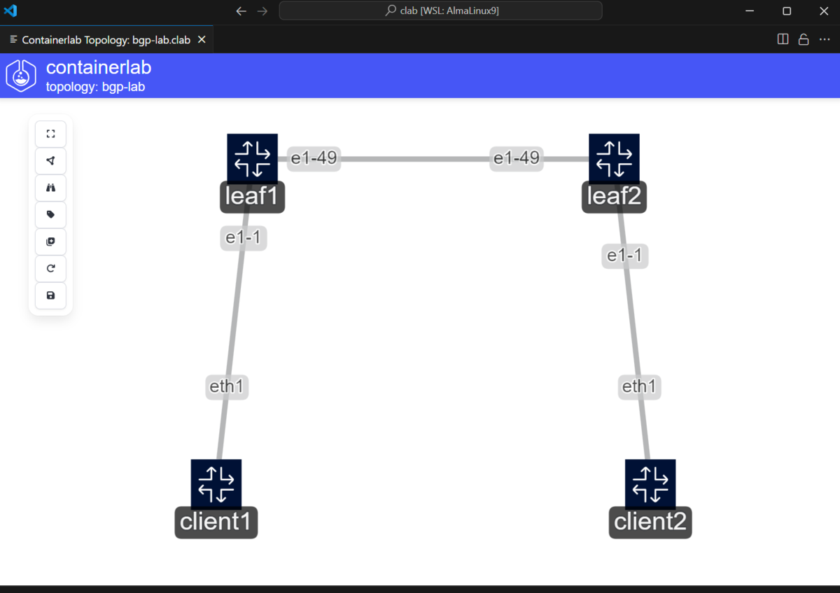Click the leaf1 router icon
pos(253,159)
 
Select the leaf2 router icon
pos(614,159)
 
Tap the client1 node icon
pos(216,484)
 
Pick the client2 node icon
pos(650,484)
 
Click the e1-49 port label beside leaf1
pos(314,158)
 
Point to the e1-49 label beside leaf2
pos(517,158)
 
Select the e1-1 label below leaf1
pos(244,238)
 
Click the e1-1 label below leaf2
pos(624,256)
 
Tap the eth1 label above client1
pos(227,386)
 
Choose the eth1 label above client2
pos(639,386)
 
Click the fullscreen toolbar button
pos(50,134)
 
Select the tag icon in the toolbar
pos(50,214)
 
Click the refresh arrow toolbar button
pos(50,269)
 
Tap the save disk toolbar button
pos(50,295)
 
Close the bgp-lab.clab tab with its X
pos(202,39)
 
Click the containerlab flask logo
pos(21,76)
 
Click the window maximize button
pos(787,11)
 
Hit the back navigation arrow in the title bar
pos(241,11)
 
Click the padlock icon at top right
pos(804,39)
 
